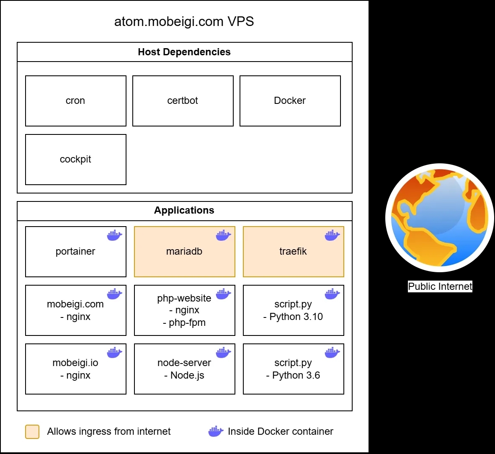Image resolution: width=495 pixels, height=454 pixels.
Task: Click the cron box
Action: tap(75, 101)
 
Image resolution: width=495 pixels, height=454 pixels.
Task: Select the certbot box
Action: tap(183, 101)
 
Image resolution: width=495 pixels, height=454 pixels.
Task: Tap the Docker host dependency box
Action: tap(290, 101)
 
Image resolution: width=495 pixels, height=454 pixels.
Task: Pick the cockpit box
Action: tap(75, 160)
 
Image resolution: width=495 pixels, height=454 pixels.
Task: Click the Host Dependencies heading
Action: tap(184, 52)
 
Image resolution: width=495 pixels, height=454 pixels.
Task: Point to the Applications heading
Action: tap(184, 210)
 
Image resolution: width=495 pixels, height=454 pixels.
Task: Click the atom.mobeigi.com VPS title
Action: tap(184, 21)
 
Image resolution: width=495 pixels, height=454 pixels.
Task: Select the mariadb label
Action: tap(184, 251)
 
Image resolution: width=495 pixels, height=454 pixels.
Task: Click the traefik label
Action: tap(293, 251)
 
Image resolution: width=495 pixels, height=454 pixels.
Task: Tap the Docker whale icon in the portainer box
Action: tap(114, 235)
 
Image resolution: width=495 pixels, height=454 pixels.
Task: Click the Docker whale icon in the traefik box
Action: tap(332, 235)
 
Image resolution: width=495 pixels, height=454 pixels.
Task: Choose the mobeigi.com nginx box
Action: tap(75, 310)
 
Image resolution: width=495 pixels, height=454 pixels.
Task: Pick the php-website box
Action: tap(184, 310)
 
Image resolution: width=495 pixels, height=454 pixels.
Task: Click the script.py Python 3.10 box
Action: tap(293, 310)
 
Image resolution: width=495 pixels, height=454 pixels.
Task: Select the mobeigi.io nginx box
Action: tap(75, 369)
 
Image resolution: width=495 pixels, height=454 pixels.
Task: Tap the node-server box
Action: tap(184, 369)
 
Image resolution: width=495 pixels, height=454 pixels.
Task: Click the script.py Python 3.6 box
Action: tap(293, 369)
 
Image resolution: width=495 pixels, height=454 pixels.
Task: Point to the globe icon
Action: tap(439, 218)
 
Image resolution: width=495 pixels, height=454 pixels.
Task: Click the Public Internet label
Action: tap(440, 286)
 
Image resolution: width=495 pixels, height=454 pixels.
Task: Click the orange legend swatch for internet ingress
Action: tap(32, 431)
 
